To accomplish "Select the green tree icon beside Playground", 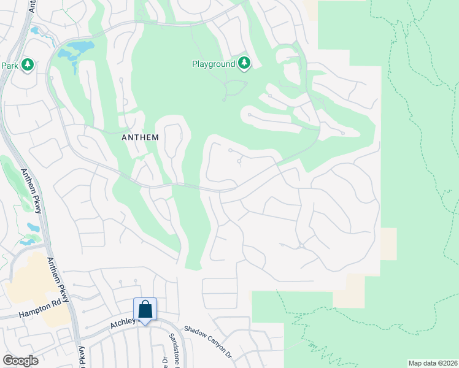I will coord(245,63).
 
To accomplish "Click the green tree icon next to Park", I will coord(26,64).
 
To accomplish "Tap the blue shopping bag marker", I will coord(145,309).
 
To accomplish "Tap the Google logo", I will coord(20,360).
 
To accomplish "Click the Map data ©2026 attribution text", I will coord(433,363).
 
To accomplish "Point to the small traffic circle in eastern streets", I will coord(300,246).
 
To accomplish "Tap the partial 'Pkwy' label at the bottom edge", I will coord(81,358).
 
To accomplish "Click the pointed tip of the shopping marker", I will coord(145,323).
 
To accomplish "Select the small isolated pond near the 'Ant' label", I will coord(34,30).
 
